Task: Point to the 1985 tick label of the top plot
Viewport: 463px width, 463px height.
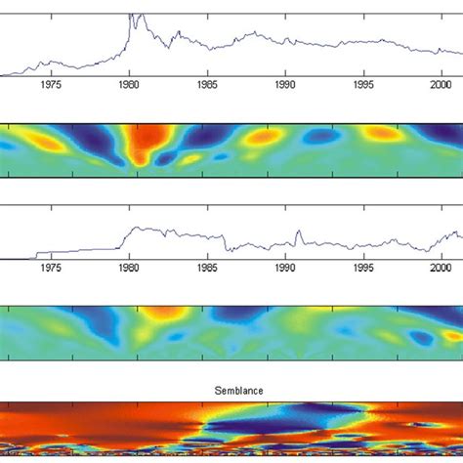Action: coord(207,85)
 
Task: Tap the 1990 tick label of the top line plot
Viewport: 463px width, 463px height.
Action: coord(285,85)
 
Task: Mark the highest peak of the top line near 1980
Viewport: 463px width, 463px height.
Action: coord(133,17)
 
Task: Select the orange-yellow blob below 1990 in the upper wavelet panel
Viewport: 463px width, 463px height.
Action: coord(262,139)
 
